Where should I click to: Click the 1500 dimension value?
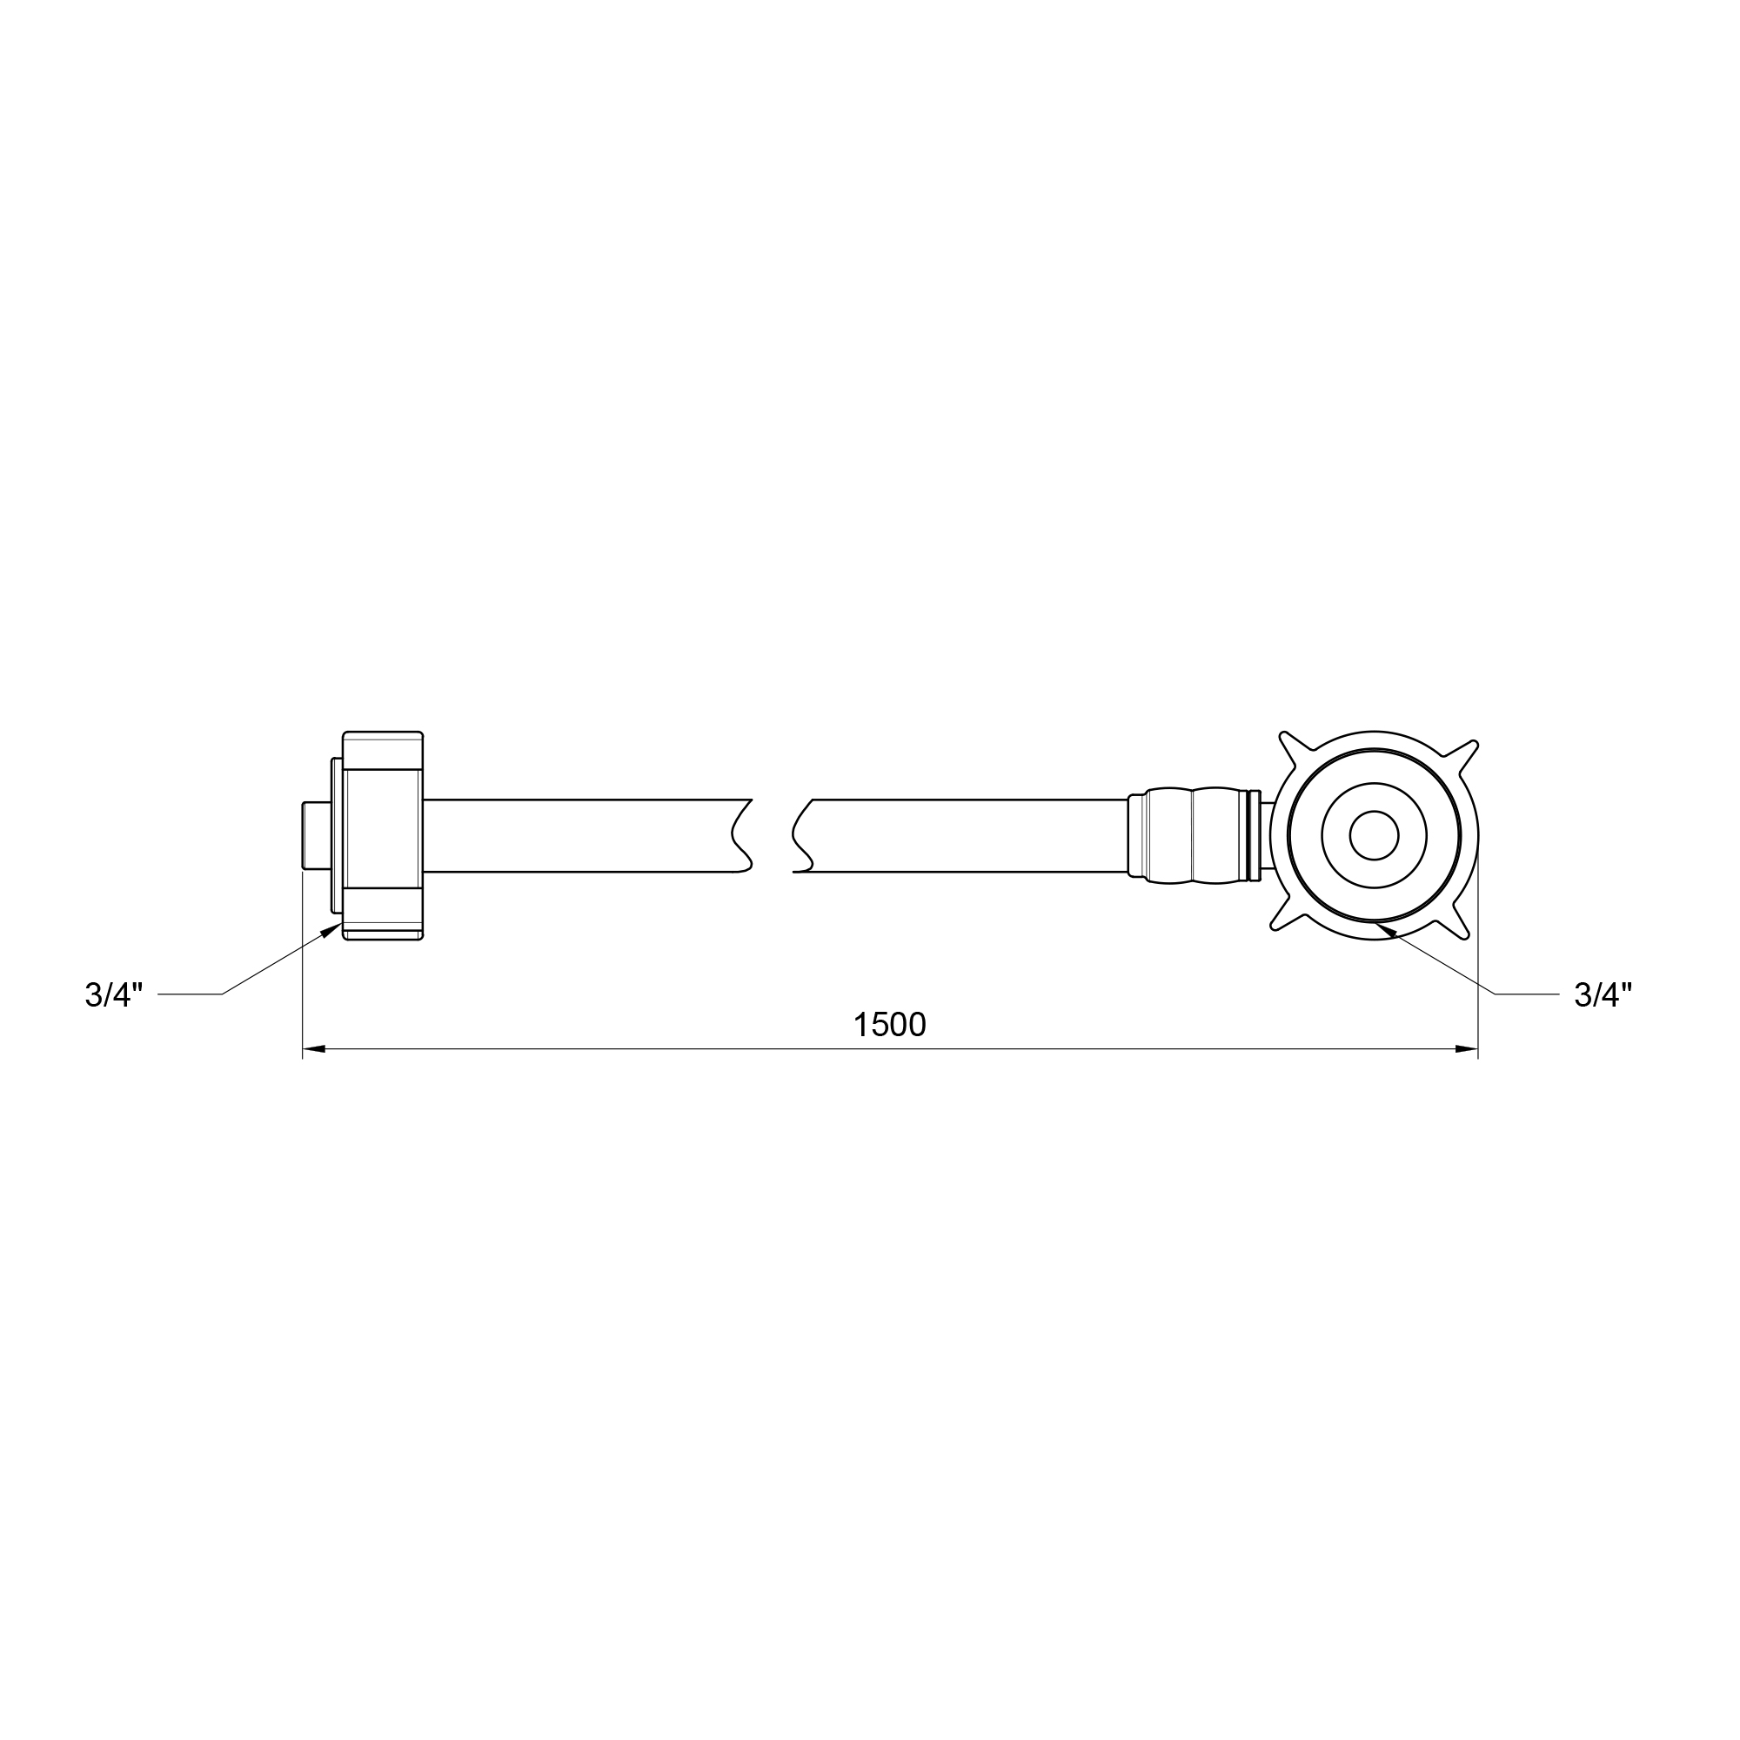(x=890, y=1025)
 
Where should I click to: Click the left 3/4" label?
(x=114, y=995)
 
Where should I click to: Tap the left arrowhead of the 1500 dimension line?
(x=313, y=1048)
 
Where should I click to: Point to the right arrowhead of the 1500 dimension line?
(x=1467, y=1048)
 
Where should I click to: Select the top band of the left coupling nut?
(x=383, y=750)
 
